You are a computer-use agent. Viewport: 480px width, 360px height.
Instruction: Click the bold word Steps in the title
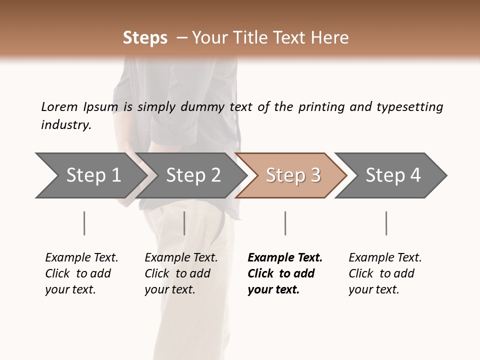pyautogui.click(x=145, y=38)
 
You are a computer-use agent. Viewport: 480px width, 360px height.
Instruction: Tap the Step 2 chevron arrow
pyautogui.click(x=193, y=175)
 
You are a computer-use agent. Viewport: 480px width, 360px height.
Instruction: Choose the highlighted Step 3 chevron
pyautogui.click(x=293, y=175)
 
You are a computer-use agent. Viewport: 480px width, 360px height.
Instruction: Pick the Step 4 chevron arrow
pyautogui.click(x=393, y=175)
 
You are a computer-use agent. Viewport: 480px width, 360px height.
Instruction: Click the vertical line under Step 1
pyautogui.click(x=84, y=223)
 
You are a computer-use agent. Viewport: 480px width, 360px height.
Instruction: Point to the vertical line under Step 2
pyautogui.click(x=184, y=223)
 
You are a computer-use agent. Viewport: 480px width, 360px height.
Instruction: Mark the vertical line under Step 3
pyautogui.click(x=285, y=223)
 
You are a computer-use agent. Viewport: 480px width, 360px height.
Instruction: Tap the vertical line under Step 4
pyautogui.click(x=386, y=223)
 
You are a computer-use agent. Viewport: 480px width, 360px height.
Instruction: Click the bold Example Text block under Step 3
pyautogui.click(x=285, y=273)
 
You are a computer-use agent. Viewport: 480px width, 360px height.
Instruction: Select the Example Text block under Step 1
pyautogui.click(x=81, y=273)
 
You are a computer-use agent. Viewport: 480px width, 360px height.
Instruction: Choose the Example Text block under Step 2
pyautogui.click(x=181, y=273)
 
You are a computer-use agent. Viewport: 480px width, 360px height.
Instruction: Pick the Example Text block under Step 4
pyautogui.click(x=385, y=273)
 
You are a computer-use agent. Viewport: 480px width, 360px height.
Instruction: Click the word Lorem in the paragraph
pyautogui.click(x=59, y=106)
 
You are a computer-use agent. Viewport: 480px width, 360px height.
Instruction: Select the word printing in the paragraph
pyautogui.click(x=321, y=107)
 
